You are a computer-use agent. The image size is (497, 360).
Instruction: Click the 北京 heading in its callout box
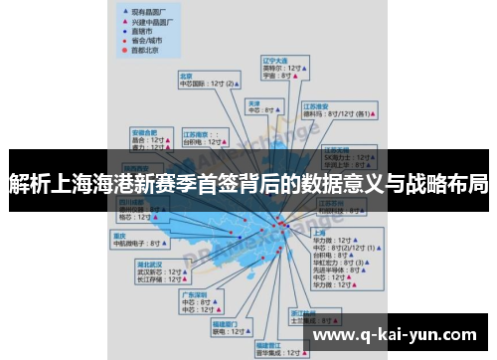(x=185, y=76)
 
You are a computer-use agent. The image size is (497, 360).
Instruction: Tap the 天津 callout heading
(x=253, y=102)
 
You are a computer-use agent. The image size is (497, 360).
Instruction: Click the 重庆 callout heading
(x=119, y=235)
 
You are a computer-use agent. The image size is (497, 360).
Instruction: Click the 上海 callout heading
(x=320, y=232)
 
